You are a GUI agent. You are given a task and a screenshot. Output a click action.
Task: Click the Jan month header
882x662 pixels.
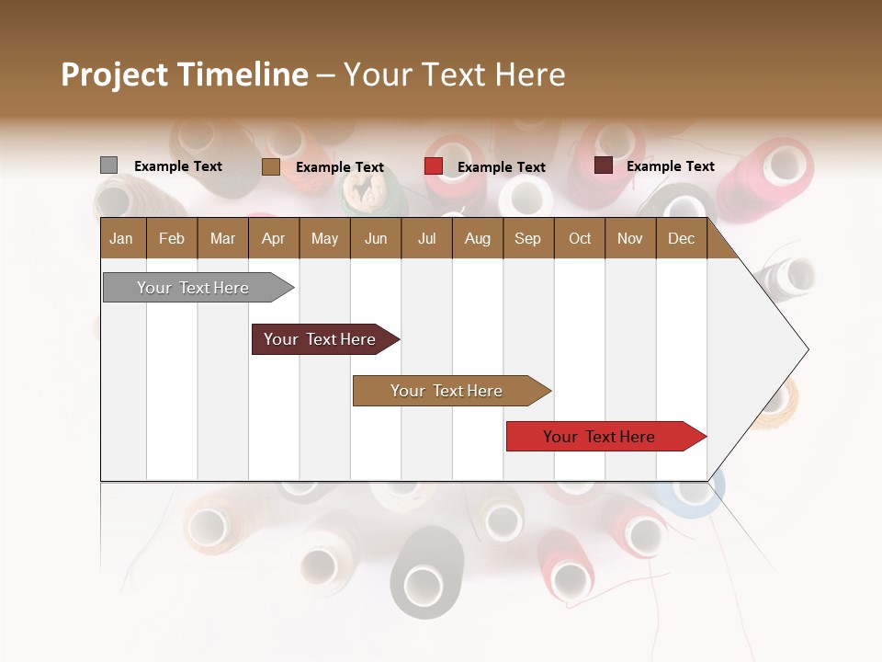[122, 238]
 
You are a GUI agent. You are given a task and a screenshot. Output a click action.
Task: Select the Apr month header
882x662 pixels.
[274, 238]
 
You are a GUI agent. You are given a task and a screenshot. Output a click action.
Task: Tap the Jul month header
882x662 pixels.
[426, 238]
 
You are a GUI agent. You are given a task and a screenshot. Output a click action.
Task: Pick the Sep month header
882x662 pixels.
[527, 238]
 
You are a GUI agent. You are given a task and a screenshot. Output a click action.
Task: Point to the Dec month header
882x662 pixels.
[681, 238]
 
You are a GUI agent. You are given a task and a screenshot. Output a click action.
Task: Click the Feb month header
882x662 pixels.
[172, 238]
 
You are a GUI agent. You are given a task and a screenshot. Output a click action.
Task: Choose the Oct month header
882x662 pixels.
[579, 238]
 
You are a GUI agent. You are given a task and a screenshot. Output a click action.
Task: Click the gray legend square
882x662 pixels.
[108, 165]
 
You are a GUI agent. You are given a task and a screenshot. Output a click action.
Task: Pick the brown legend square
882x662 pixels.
[270, 166]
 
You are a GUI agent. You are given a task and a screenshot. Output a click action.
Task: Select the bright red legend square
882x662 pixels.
[433, 166]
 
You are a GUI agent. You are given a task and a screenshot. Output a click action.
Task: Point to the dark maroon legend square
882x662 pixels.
[603, 165]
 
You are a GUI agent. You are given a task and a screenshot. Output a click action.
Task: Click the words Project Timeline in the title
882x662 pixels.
[185, 74]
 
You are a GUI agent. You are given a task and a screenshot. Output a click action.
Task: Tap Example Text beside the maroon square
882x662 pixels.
[670, 166]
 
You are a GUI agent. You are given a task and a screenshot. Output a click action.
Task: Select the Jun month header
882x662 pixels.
[376, 238]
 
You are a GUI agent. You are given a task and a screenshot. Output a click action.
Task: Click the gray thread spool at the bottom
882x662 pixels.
[425, 575]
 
